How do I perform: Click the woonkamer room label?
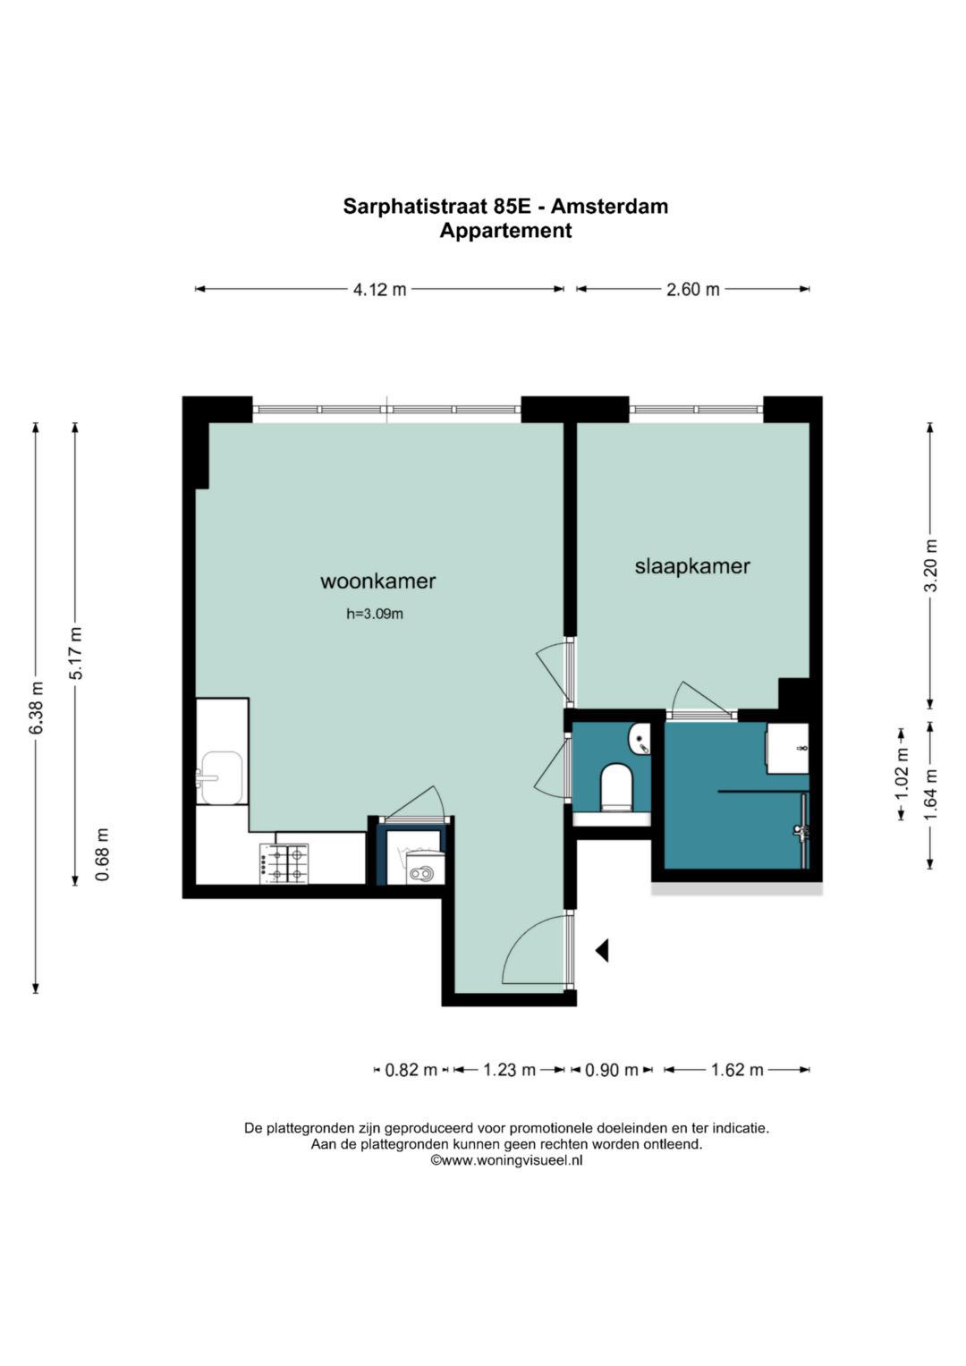pyautogui.click(x=378, y=581)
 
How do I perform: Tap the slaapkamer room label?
pyautogui.click(x=692, y=566)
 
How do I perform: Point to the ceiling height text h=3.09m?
pyautogui.click(x=375, y=614)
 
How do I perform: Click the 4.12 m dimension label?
pyautogui.click(x=379, y=289)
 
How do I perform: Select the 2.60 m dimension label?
pyautogui.click(x=693, y=289)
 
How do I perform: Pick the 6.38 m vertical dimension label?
pyautogui.click(x=37, y=707)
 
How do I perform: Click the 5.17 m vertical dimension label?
pyautogui.click(x=76, y=653)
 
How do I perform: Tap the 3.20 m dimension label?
pyautogui.click(x=930, y=566)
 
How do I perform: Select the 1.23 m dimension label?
pyautogui.click(x=509, y=1070)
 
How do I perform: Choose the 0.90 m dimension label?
pyautogui.click(x=612, y=1070)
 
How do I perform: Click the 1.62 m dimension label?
pyautogui.click(x=737, y=1070)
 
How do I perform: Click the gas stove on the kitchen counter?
pyautogui.click(x=284, y=863)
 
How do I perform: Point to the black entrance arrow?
pyautogui.click(x=602, y=950)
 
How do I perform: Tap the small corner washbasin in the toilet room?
pyautogui.click(x=640, y=739)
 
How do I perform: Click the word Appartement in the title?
pyautogui.click(x=505, y=231)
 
